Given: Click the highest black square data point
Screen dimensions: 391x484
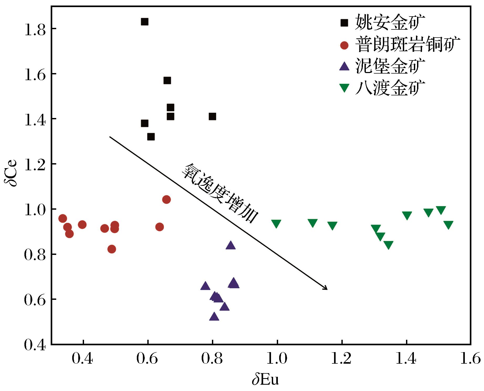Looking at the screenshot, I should pos(144,22).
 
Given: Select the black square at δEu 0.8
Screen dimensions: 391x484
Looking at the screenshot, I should pos(212,116).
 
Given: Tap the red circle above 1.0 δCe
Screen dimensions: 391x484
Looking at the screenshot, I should pos(166,199).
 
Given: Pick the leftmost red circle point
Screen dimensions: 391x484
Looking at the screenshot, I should pos(63,218).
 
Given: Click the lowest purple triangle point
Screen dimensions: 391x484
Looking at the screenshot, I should pos(214,317).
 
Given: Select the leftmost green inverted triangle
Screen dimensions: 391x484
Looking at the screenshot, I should pos(276,224).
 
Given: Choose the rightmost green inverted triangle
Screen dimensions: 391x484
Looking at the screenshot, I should pos(448,225).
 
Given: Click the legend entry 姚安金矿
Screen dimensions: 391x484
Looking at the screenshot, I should pos(390,23).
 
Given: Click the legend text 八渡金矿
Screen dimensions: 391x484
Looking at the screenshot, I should pos(390,88).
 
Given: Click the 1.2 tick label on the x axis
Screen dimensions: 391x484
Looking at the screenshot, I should pos(342,359).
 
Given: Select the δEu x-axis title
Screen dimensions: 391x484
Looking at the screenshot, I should pos(265,380).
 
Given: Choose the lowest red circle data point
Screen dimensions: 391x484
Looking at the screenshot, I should pos(112,249).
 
